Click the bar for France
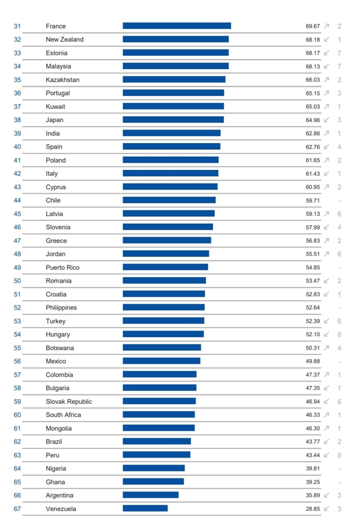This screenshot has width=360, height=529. (x=176, y=26)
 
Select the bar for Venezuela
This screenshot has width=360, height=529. (x=145, y=508)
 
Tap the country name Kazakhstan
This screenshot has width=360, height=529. (x=63, y=80)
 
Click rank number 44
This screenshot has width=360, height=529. (x=17, y=201)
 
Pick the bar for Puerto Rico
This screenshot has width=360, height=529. (x=165, y=268)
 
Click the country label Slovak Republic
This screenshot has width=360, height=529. (x=69, y=402)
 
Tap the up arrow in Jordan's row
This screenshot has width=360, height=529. (x=327, y=254)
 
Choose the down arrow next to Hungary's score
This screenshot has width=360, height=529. (x=327, y=335)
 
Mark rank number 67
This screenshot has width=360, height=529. (x=17, y=509)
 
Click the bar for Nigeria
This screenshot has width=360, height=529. (x=153, y=468)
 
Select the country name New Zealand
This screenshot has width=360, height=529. (x=65, y=40)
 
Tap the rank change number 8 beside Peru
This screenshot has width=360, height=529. (x=339, y=455)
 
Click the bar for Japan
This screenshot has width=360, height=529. (x=173, y=120)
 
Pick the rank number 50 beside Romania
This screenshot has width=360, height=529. (x=17, y=281)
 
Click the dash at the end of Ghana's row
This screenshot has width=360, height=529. (x=339, y=482)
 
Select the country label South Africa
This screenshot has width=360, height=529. (x=63, y=415)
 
